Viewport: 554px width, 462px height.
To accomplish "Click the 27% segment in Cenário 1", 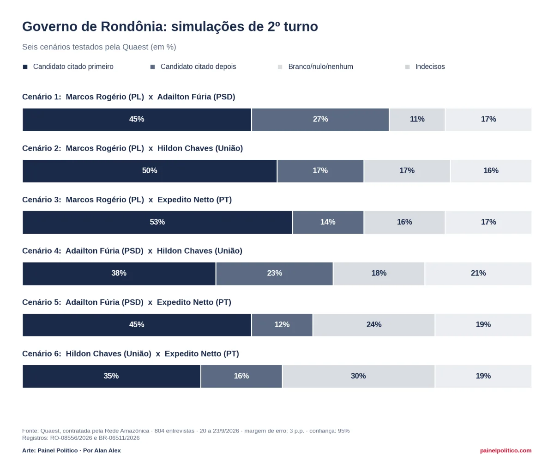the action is [x=320, y=120].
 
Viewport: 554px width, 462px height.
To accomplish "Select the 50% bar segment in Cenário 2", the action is [x=150, y=171].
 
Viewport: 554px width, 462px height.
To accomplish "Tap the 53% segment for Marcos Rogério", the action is [x=157, y=222].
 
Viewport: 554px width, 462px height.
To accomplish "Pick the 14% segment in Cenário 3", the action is [x=328, y=222].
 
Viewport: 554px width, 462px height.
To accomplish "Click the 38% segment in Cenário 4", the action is [x=119, y=274].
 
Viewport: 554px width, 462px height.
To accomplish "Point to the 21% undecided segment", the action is [x=478, y=274].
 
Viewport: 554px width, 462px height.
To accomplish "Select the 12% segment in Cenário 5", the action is [x=282, y=325].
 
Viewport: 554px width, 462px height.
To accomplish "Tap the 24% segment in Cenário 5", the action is [x=374, y=325].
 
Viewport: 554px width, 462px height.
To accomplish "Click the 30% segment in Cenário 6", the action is [x=358, y=376].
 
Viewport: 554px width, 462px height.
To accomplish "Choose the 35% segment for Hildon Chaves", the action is [x=111, y=376].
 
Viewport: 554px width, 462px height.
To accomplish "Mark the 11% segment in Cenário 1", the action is [x=417, y=120].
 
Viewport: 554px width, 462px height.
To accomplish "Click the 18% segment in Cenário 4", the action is [x=379, y=274].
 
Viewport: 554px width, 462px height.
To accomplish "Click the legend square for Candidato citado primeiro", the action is [x=25, y=67].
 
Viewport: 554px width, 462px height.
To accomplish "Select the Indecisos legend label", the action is [x=430, y=67].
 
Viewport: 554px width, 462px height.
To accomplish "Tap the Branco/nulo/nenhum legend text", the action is [x=320, y=67].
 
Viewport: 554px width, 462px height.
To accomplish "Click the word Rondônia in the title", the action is [x=134, y=26].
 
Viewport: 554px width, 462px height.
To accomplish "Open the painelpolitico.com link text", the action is [x=506, y=450].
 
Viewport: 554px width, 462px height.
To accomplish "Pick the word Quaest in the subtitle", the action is [x=135, y=47].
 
